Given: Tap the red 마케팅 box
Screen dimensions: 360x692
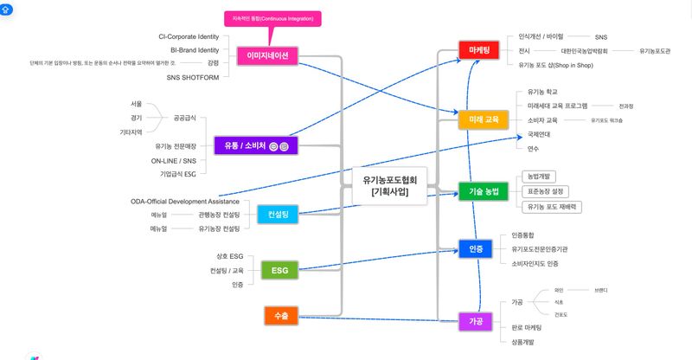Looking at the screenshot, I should [479, 51].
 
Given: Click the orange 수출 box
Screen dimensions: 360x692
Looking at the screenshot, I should [280, 317].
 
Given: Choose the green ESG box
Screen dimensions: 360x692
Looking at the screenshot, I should [279, 271].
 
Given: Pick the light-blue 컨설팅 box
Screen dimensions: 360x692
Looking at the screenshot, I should [279, 213].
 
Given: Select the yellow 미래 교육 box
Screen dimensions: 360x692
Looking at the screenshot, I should [483, 119].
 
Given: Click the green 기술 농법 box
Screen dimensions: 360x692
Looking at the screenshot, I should [483, 191].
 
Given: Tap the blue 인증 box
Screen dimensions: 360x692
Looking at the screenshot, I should [476, 249].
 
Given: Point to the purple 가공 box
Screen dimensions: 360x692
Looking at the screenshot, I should [476, 321].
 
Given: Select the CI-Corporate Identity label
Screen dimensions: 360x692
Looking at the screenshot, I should [189, 37].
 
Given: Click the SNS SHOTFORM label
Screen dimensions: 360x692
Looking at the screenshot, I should [193, 77].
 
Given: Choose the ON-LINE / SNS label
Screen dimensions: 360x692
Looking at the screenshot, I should [174, 160].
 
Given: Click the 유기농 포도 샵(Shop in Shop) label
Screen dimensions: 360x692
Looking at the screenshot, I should [555, 65].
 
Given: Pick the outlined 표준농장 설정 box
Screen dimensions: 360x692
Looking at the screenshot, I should [546, 191].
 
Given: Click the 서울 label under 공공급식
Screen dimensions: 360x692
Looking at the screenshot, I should [136, 104].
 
